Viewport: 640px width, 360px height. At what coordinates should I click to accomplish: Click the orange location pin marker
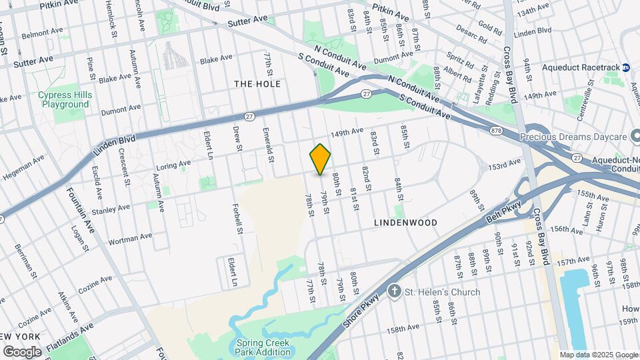tap(321, 159)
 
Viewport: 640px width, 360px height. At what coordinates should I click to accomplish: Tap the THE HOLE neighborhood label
tap(257, 84)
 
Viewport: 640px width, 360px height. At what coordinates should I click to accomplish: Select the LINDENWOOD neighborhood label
tap(405, 222)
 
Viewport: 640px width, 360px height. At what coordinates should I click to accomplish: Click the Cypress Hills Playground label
tap(65, 99)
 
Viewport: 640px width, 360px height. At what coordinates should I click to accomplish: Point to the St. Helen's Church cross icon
tap(395, 291)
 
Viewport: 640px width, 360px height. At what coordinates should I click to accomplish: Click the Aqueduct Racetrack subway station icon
tap(627, 67)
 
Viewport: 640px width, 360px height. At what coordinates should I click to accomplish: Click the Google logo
tap(22, 351)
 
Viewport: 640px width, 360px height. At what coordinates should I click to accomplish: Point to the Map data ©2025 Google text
tap(598, 355)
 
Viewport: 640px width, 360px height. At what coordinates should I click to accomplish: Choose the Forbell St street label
tap(239, 219)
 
